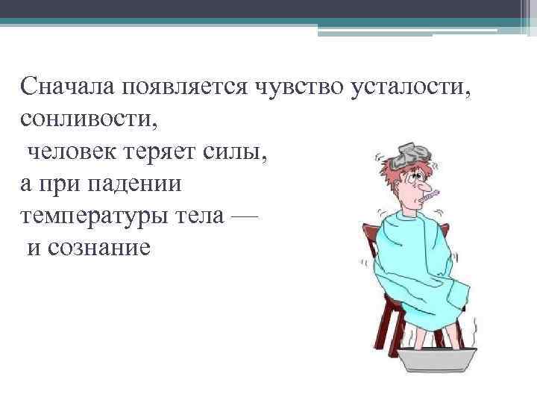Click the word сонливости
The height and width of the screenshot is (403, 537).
tap(81, 119)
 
